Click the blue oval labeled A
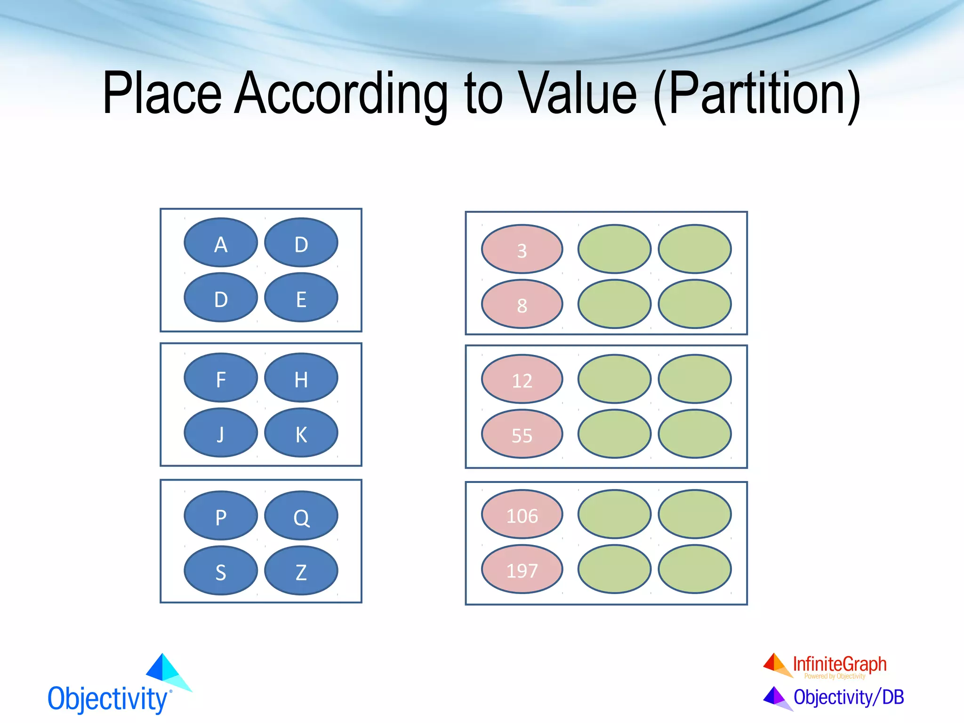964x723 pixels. tap(221, 243)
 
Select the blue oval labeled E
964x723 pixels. tap(301, 298)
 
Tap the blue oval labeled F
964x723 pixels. tap(221, 378)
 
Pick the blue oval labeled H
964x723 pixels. tap(301, 378)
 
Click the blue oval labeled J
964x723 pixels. tap(221, 433)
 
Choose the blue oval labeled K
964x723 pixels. tap(301, 433)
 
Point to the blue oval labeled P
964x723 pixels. tap(221, 516)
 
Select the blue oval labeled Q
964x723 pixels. tap(301, 516)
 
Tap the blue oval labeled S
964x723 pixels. tap(221, 571)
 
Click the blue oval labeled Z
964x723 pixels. tap(301, 571)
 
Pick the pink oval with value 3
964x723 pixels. tap(522, 249)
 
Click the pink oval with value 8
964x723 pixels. tap(522, 305)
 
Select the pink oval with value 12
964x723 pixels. tap(522, 379)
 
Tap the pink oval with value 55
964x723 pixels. tap(522, 434)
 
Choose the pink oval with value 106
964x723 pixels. tap(522, 515)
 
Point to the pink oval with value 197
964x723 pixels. tap(522, 570)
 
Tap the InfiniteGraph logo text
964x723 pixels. tap(839, 664)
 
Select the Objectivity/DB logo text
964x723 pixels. tap(848, 697)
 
